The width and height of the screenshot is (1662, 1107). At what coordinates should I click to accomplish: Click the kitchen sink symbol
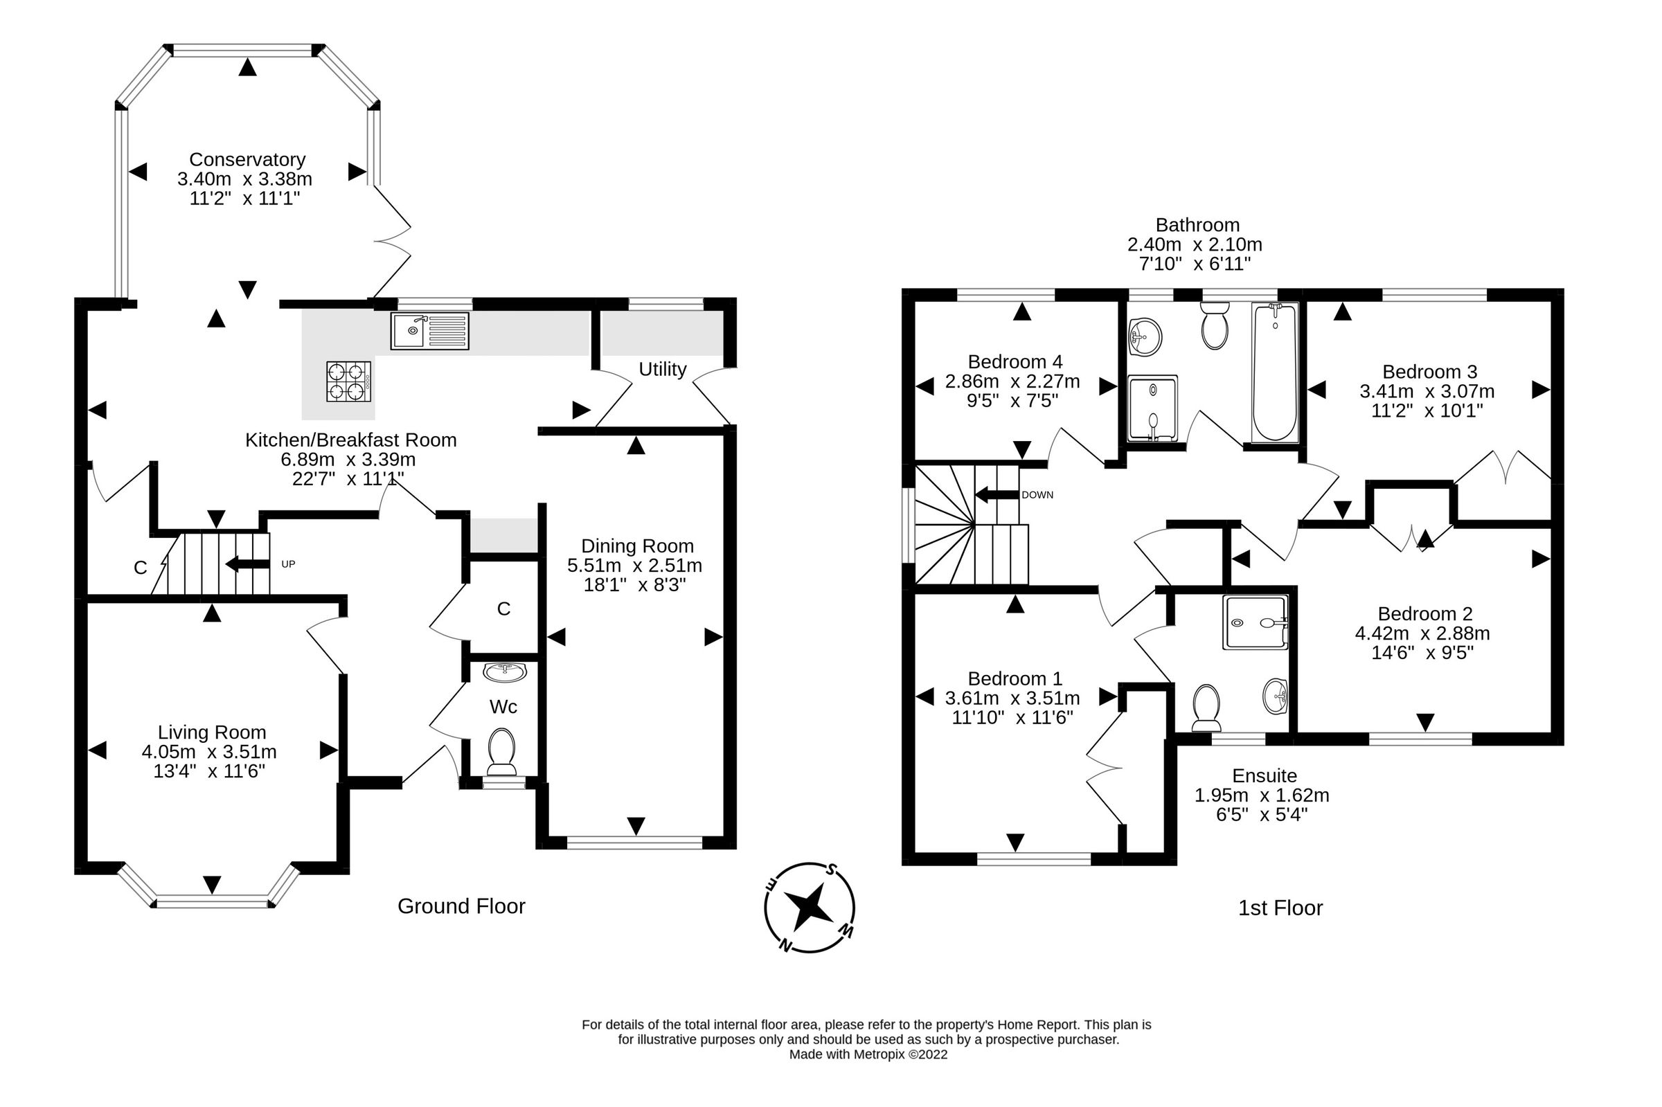[429, 330]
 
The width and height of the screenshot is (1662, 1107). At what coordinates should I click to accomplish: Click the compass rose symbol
[809, 907]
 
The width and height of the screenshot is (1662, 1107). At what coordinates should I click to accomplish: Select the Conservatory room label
[247, 159]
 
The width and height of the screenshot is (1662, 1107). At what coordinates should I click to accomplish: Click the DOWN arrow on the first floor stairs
[997, 495]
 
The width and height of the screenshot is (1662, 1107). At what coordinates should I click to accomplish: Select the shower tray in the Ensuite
[1255, 622]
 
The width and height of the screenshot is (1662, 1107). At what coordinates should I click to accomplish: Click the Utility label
[662, 369]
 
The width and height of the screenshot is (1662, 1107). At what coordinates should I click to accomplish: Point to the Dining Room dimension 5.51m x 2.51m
[635, 566]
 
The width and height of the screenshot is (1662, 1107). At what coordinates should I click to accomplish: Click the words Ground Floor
[461, 906]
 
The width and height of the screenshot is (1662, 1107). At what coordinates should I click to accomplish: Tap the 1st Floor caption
[1280, 908]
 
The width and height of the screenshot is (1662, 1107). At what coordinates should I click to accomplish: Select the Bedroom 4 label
[1015, 362]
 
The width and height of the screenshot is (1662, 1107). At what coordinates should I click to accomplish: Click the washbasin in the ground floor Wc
[504, 672]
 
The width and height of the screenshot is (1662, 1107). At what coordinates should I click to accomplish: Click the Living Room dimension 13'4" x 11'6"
[209, 771]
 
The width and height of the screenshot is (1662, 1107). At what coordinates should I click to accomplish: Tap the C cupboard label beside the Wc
[503, 609]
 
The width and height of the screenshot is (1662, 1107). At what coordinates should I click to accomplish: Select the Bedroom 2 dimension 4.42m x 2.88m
[1422, 633]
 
